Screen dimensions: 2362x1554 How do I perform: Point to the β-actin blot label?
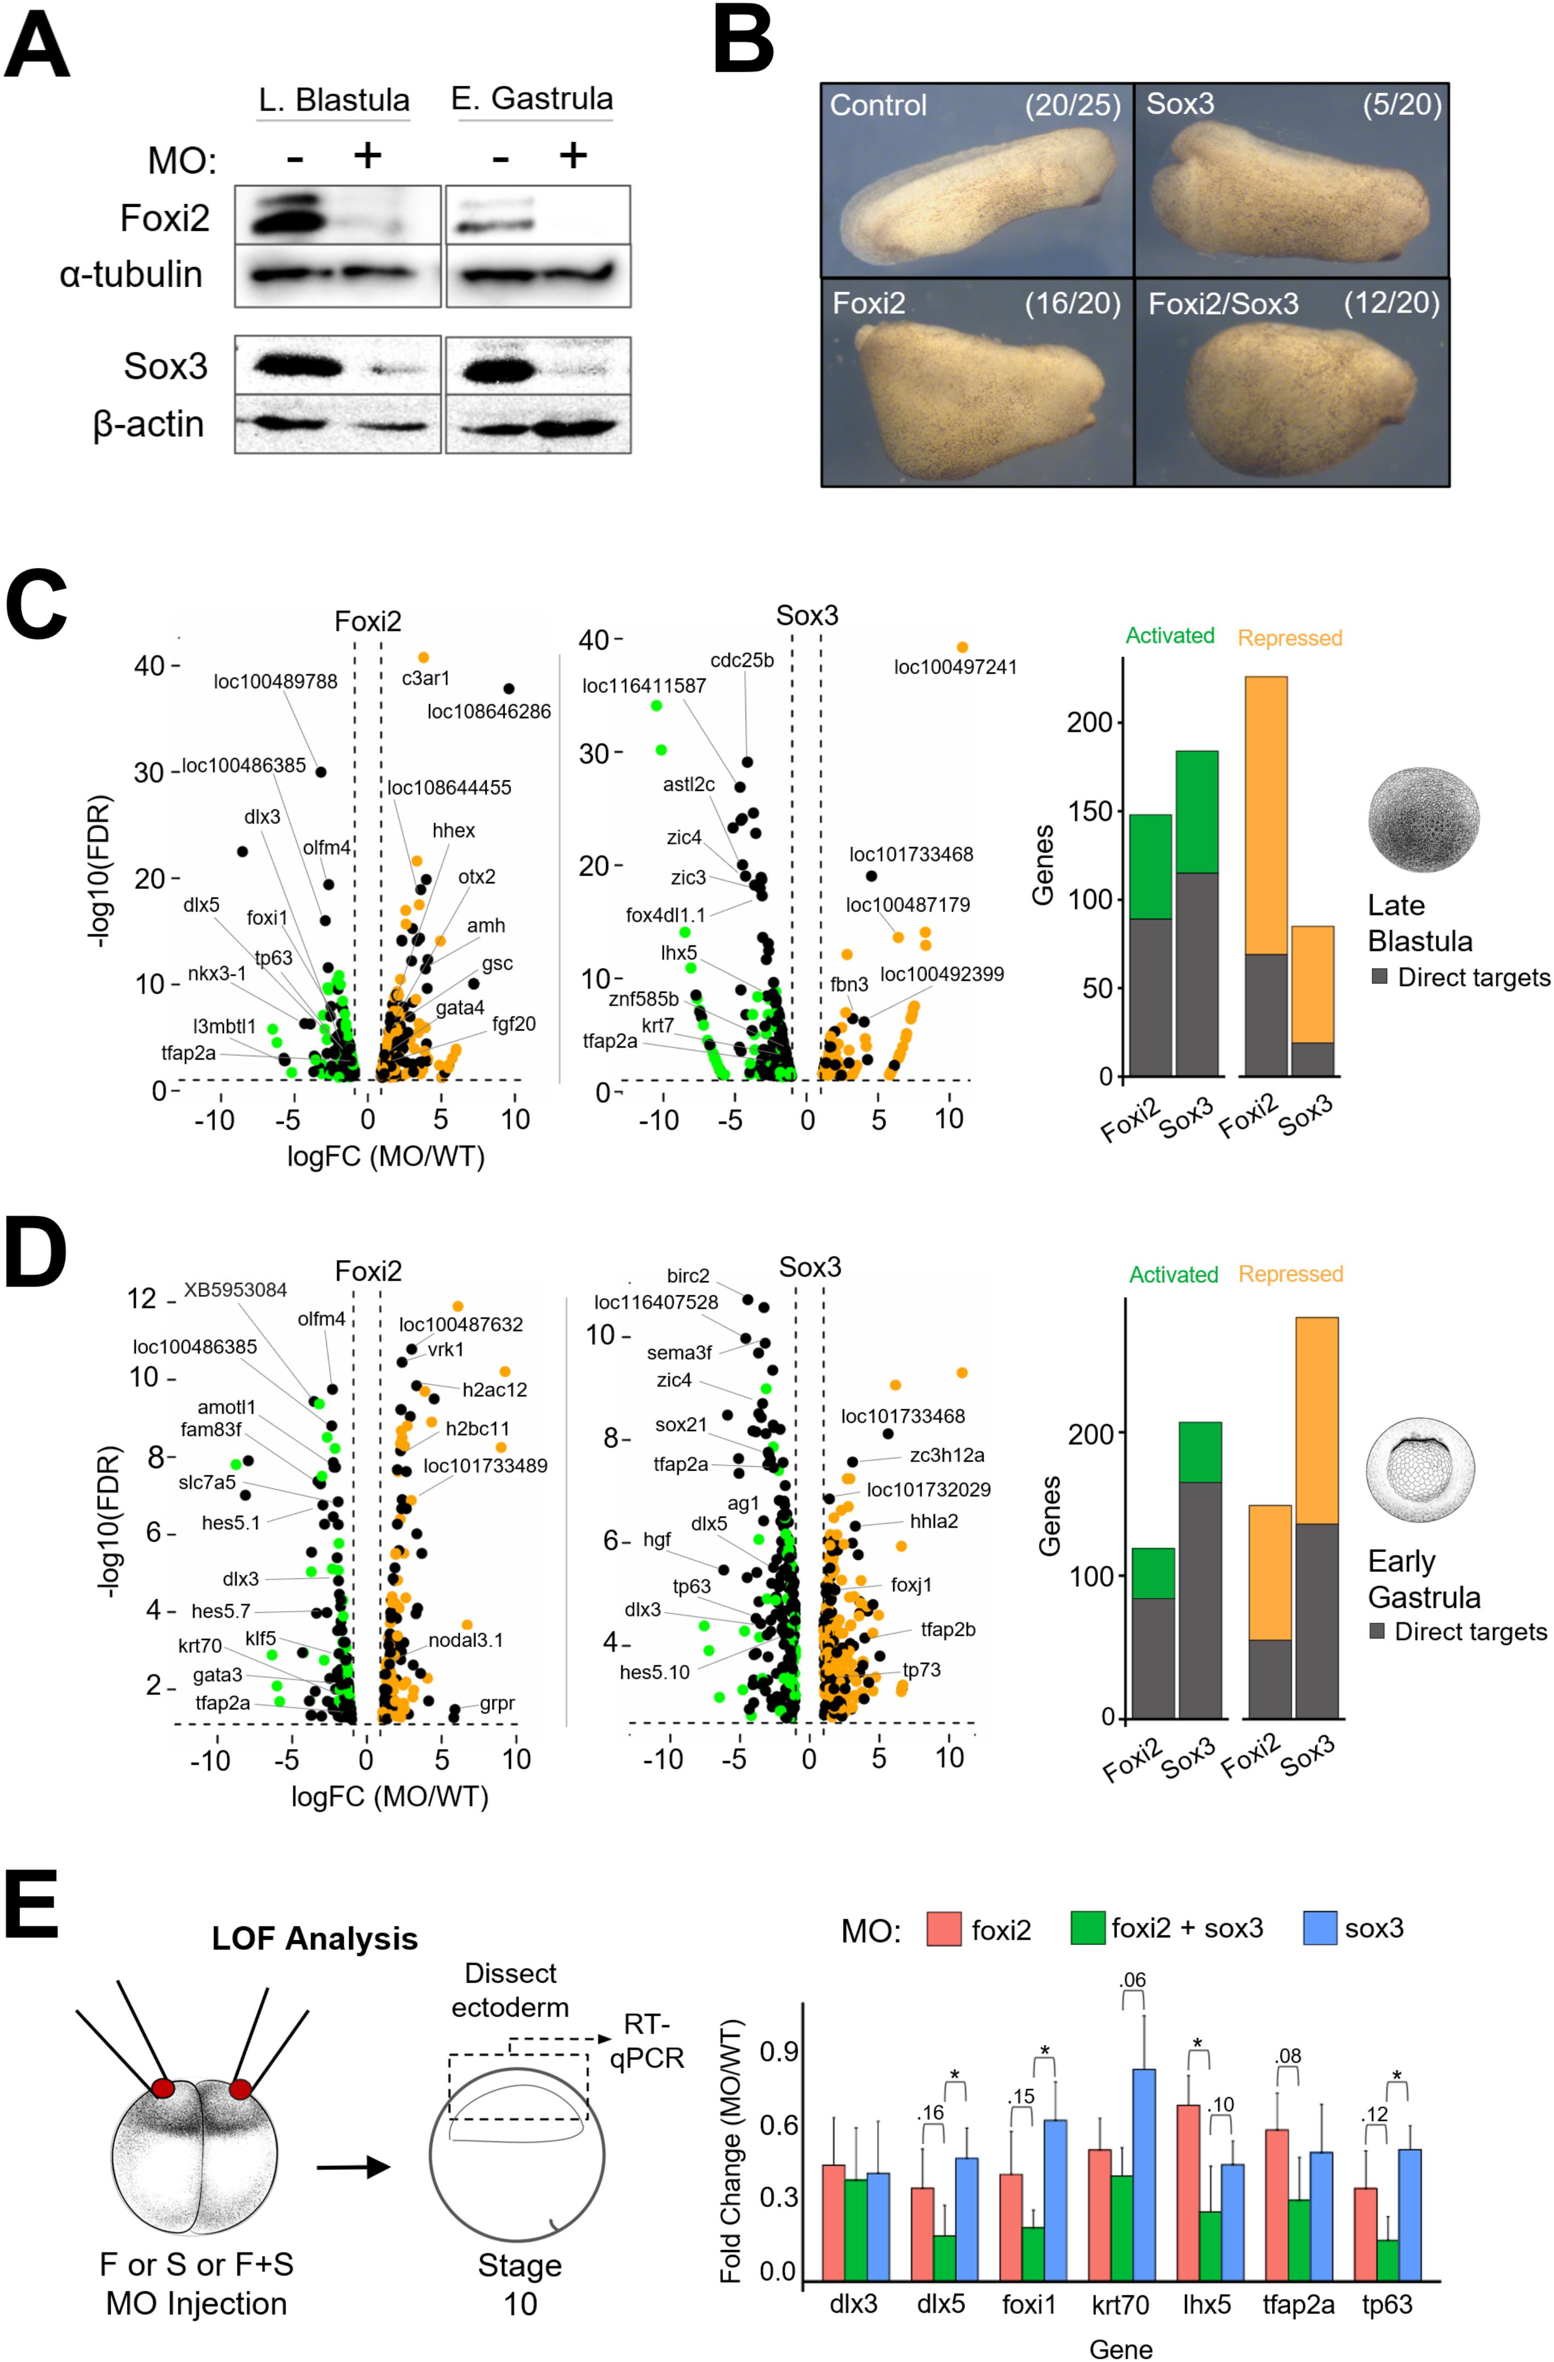click(149, 425)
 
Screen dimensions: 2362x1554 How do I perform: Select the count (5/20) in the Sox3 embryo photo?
click(1401, 104)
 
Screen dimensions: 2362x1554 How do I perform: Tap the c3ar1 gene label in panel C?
click(426, 679)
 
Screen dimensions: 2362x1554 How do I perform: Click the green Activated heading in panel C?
click(1169, 635)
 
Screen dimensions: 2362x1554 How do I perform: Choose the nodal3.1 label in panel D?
click(465, 1641)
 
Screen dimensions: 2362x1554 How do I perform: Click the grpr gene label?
click(497, 1703)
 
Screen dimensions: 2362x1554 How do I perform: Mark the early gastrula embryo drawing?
click(1419, 1469)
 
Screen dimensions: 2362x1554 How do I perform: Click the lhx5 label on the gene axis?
click(1206, 2303)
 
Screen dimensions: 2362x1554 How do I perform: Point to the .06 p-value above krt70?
click(1133, 1980)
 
